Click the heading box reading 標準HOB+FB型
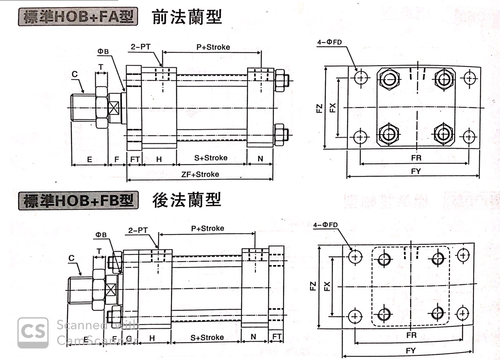tap(79, 201)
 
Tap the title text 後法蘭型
tap(187, 200)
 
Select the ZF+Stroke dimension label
tap(200, 174)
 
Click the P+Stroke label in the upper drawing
tap(213, 47)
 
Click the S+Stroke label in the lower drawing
tap(207, 337)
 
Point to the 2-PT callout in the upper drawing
tap(141, 47)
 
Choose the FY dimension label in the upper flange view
tap(416, 171)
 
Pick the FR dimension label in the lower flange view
tap(411, 335)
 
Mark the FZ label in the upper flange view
tap(319, 108)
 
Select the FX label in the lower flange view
tap(327, 286)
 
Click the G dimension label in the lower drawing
tap(129, 338)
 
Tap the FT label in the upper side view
tap(135, 159)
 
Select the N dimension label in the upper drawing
tap(260, 159)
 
